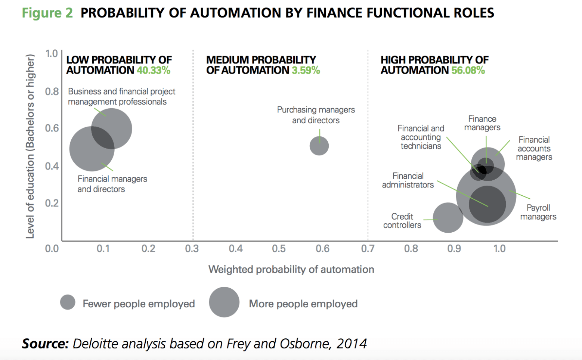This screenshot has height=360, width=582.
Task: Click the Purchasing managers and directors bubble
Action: tap(319, 146)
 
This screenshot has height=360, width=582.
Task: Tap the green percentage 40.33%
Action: tap(154, 70)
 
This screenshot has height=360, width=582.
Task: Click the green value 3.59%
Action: tap(306, 70)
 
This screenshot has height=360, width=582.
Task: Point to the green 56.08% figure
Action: tap(468, 70)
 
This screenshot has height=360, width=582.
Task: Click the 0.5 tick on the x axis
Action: tap(279, 249)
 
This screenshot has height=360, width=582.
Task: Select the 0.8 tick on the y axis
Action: tap(52, 91)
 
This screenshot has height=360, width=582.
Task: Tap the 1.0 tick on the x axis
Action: tap(499, 249)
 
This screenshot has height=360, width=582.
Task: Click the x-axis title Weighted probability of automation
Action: tap(291, 269)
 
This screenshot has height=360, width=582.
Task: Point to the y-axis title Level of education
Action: tap(30, 146)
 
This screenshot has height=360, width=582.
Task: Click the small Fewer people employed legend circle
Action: tap(68, 302)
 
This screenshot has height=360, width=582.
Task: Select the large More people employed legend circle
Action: tap(224, 302)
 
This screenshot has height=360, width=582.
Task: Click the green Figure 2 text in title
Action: tap(47, 13)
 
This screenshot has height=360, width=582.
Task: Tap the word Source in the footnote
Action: tap(45, 343)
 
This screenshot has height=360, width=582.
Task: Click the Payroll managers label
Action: tap(538, 212)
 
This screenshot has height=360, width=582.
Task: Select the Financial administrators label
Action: tap(408, 180)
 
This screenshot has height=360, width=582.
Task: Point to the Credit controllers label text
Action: tap(402, 221)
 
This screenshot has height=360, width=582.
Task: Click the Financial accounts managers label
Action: tap(534, 148)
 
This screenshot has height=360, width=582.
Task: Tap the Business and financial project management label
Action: tap(121, 96)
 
